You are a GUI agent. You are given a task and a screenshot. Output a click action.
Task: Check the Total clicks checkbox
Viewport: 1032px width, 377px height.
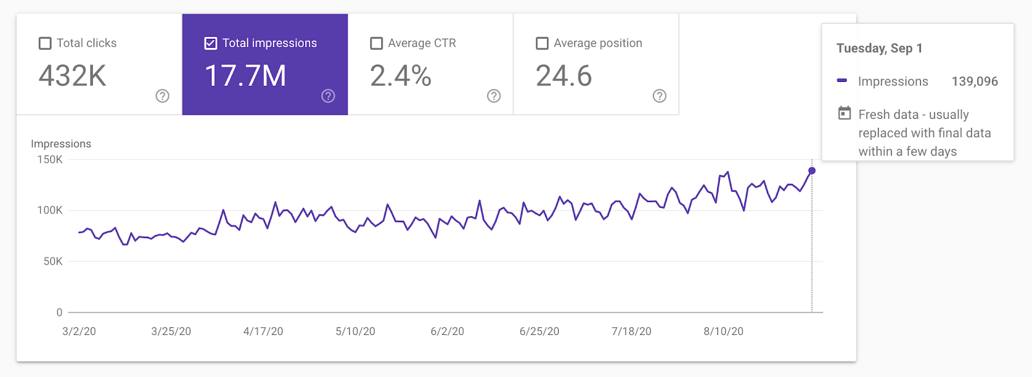[x=45, y=43]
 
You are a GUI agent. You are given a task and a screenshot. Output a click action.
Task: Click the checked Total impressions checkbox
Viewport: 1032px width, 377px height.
[x=211, y=43]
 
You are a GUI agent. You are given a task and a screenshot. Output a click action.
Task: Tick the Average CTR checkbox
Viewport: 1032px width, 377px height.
[x=377, y=43]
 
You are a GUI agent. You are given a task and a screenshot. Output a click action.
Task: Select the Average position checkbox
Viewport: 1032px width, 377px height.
[x=542, y=43]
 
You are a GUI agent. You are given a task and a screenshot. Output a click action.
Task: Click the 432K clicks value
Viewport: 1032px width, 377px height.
[x=72, y=76]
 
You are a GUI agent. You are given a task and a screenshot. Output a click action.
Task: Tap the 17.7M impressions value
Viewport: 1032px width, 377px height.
[x=245, y=76]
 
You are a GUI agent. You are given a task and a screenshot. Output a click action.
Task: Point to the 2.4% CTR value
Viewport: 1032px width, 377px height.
[x=401, y=76]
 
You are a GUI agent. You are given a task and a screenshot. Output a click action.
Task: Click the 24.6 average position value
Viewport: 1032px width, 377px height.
[x=564, y=76]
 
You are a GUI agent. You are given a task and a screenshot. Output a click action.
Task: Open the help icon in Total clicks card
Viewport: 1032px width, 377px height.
[x=163, y=96]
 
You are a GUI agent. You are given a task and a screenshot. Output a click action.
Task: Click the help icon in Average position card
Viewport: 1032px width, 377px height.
[x=659, y=96]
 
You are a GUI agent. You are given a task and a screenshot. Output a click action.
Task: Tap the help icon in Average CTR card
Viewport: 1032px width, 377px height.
[x=494, y=96]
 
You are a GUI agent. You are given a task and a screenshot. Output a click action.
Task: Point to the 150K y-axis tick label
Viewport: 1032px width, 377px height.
[x=50, y=159]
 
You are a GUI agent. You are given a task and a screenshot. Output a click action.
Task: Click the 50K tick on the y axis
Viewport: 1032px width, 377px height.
[x=53, y=261]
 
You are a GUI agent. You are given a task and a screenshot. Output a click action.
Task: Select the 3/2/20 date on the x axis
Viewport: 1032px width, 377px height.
[x=79, y=331]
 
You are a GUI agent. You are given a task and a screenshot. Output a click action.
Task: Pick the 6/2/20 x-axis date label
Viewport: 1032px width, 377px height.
[x=447, y=331]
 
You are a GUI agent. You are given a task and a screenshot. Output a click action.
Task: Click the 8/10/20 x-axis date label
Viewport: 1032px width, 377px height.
[x=723, y=331]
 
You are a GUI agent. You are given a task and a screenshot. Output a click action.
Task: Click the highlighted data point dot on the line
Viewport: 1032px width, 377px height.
[x=812, y=170]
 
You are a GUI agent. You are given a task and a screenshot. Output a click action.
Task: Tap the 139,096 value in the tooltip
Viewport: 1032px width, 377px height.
[x=975, y=81]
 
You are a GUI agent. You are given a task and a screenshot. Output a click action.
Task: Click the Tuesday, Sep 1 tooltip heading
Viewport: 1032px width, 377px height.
[x=879, y=48]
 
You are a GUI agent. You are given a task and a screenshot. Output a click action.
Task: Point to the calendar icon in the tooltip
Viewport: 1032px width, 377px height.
[x=844, y=113]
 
